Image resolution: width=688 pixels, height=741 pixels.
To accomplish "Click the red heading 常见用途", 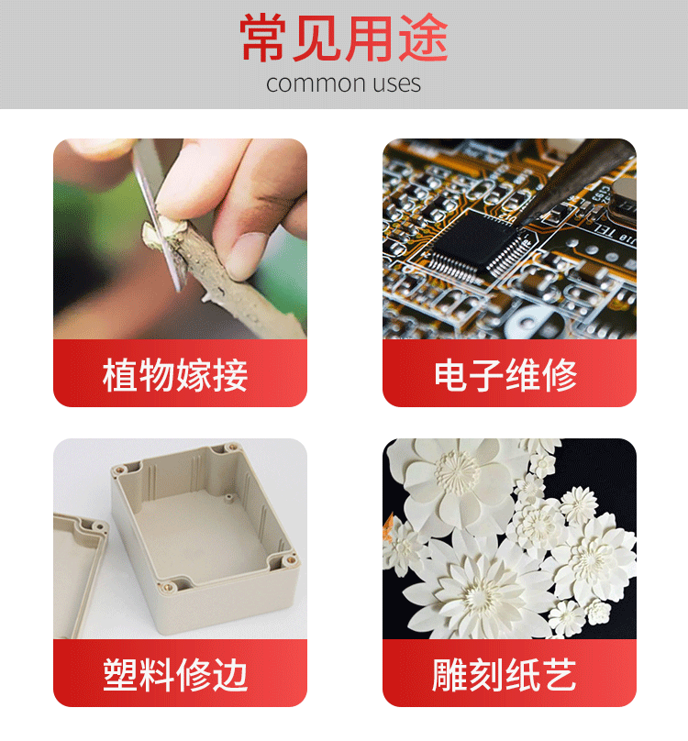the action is tap(344, 38).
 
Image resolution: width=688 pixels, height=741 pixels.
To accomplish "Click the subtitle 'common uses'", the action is tap(343, 83).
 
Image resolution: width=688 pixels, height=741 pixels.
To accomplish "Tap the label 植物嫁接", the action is tap(175, 375).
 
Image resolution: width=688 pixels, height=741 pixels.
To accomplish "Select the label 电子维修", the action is tap(505, 375).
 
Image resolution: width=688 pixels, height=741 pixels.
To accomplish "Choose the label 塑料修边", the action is tap(175, 675).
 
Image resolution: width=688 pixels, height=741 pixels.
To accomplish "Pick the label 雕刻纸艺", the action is tap(504, 675).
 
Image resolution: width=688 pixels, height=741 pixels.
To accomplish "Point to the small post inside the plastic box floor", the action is tap(228, 498).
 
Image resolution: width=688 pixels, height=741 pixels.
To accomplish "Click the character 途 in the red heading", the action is tap(423, 38).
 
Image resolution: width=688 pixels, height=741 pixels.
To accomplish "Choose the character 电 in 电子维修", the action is tap(451, 375).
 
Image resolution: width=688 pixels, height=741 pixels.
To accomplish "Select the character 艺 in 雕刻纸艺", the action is tap(560, 675).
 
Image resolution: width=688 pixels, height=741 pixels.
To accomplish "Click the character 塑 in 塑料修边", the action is tap(120, 675).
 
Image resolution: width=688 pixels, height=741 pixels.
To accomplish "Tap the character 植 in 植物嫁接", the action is tap(120, 375).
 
